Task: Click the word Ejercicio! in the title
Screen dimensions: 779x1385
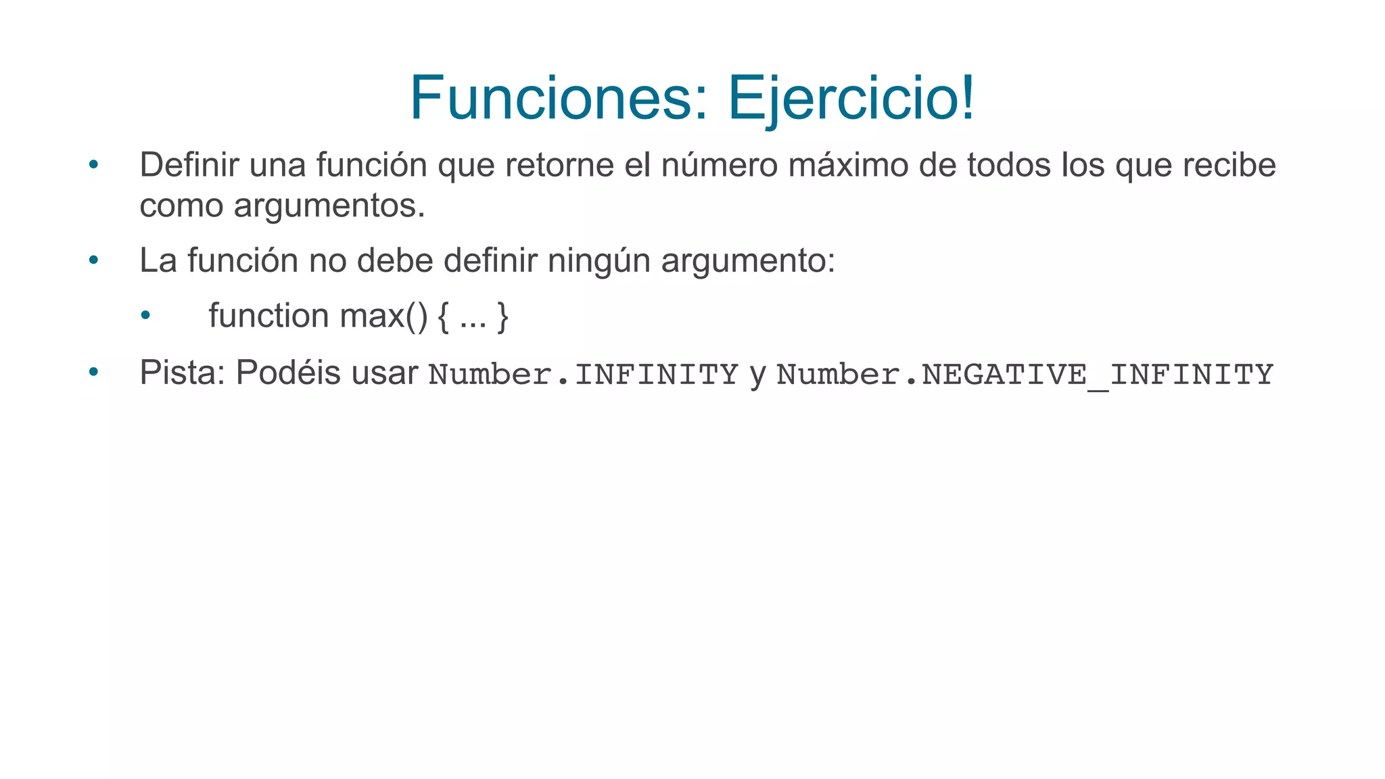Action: (851, 98)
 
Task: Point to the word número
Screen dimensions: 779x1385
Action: (719, 165)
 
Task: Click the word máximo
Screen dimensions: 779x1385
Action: (848, 165)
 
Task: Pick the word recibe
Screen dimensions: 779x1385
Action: (1229, 165)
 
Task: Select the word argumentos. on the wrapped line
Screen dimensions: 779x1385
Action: (329, 206)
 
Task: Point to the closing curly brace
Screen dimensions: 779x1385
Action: (502, 316)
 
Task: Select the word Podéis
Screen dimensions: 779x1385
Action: (288, 372)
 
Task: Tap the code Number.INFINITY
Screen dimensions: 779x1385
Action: (583, 375)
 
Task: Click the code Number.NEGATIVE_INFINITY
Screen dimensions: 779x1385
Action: (1025, 375)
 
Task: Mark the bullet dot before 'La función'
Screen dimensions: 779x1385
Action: (94, 260)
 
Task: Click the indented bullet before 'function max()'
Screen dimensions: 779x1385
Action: (145, 316)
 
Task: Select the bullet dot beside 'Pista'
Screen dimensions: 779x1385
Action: (94, 372)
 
